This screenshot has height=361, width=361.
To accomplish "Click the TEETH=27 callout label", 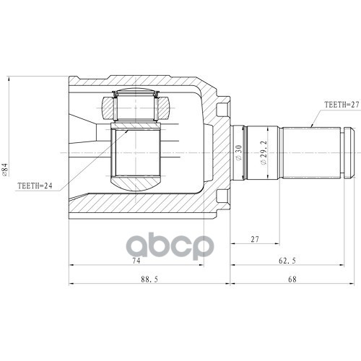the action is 342,105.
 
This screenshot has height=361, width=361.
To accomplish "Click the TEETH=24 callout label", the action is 35,186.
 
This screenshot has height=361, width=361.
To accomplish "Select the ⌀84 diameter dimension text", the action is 5,170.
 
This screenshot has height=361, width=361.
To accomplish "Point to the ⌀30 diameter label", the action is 238,152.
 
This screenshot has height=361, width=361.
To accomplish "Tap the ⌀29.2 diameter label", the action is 264,152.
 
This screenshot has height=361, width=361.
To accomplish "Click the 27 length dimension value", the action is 255,239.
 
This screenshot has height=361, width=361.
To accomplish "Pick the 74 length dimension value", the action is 136,261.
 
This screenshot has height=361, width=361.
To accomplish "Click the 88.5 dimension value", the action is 149,279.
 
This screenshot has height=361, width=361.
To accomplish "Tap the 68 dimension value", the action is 292,279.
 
